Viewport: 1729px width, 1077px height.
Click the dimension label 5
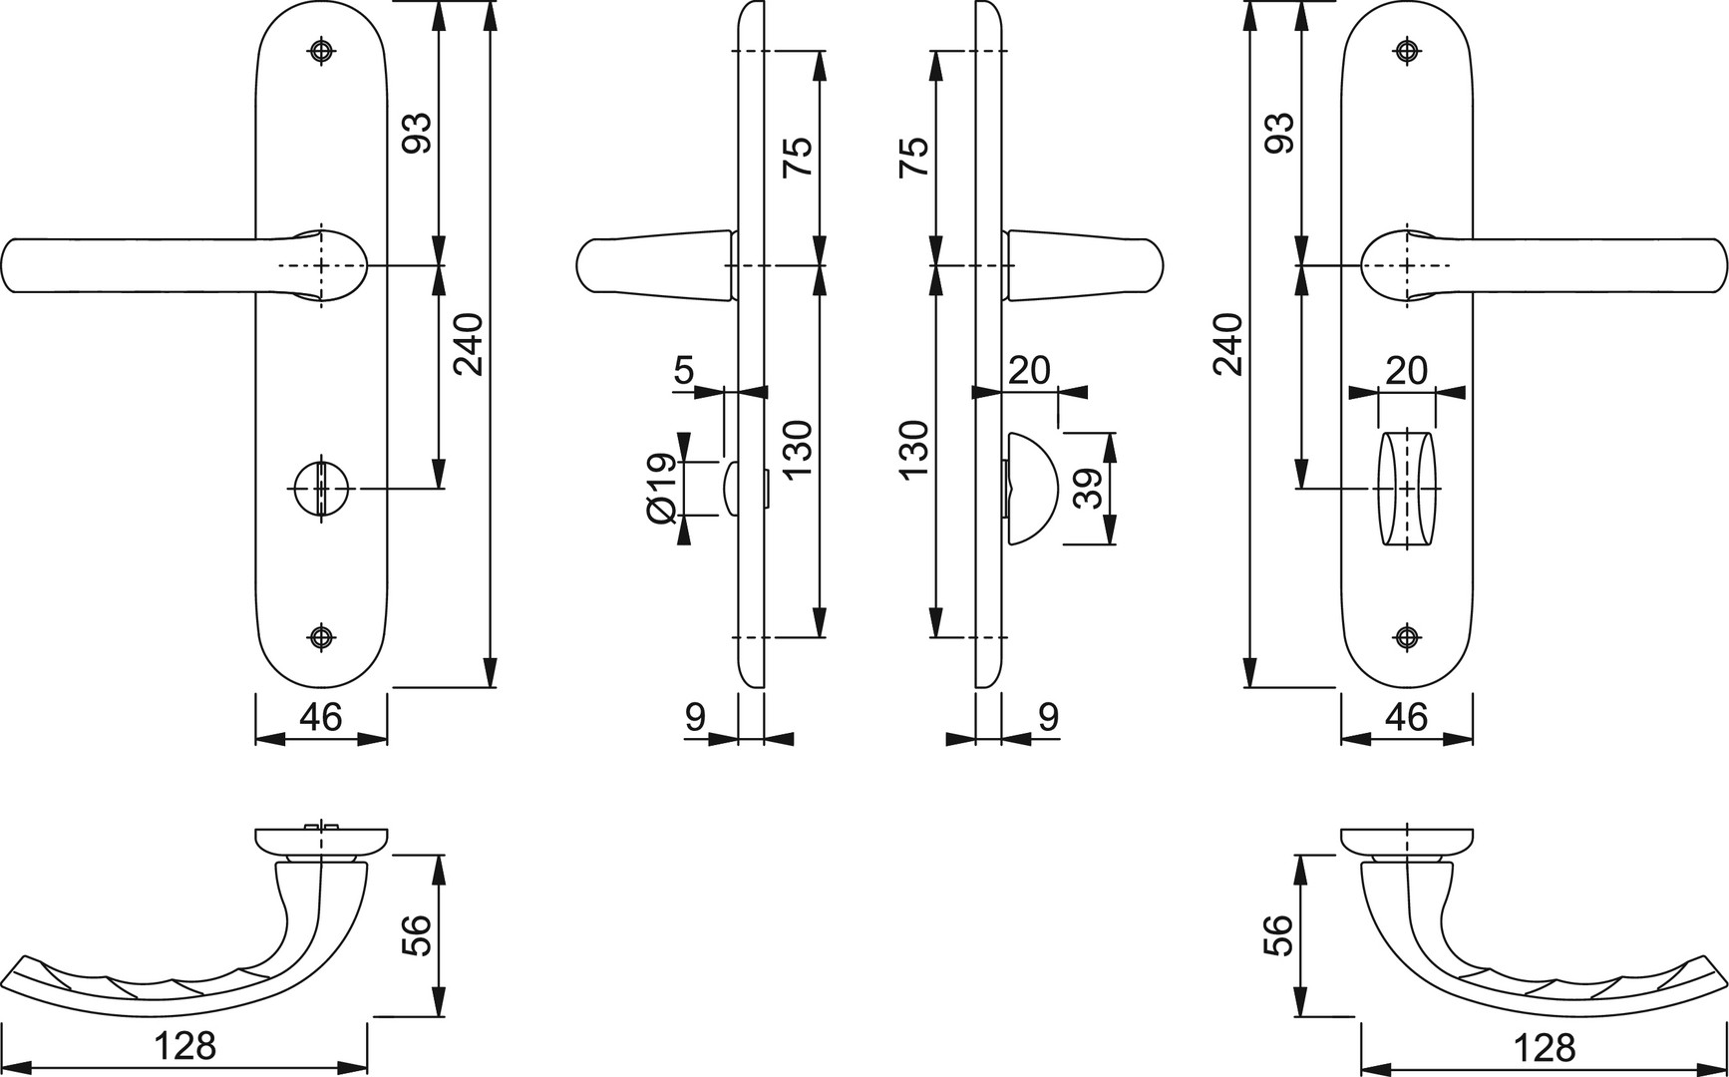(683, 371)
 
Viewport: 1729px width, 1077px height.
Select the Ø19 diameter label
(661, 490)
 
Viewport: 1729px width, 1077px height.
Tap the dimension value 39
(1089, 489)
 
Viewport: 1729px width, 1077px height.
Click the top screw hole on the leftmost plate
(320, 51)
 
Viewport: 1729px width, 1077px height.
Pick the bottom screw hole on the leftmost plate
(320, 637)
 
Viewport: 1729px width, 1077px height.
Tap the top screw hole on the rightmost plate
(1407, 51)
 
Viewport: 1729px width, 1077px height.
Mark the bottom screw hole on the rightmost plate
(1407, 637)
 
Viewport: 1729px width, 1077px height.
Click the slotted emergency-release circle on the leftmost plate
(320, 488)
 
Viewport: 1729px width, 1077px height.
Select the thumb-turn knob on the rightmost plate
(1407, 489)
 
